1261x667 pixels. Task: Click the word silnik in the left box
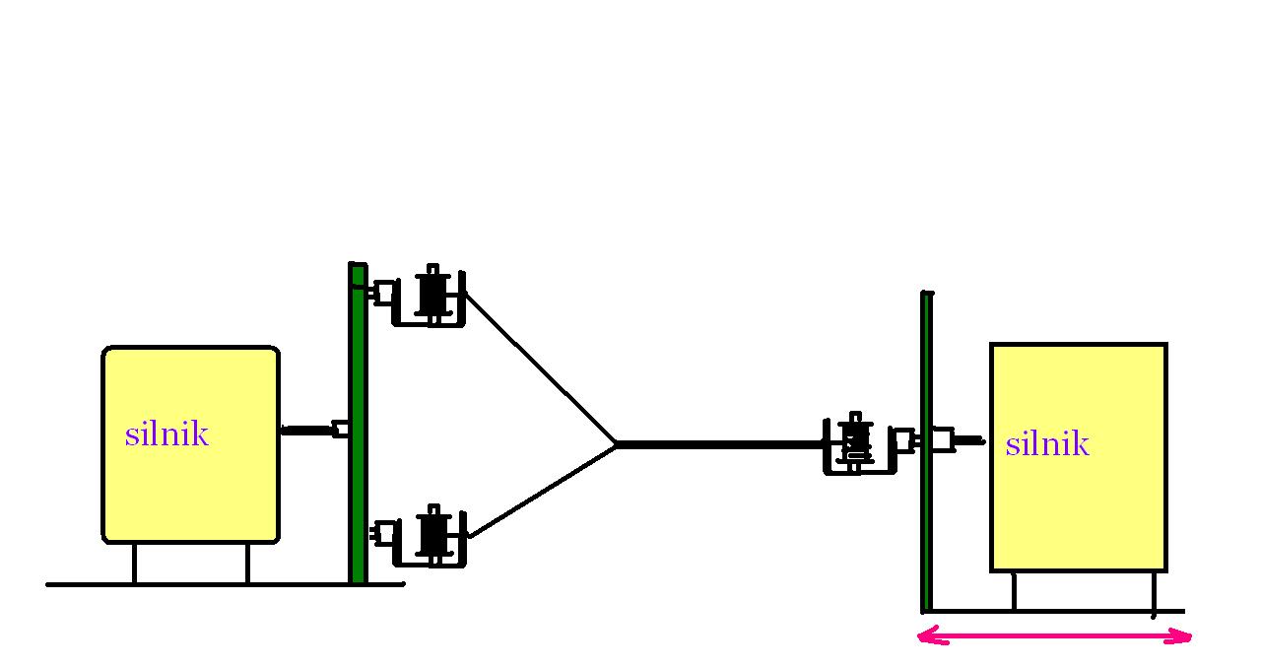pyautogui.click(x=166, y=434)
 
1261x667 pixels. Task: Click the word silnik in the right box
pyautogui.click(x=1046, y=444)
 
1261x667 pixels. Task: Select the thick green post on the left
pyautogui.click(x=358, y=424)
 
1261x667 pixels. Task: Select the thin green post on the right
pyautogui.click(x=926, y=453)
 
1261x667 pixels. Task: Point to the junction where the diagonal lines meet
pyautogui.click(x=617, y=444)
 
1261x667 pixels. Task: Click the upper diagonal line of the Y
pyautogui.click(x=540, y=367)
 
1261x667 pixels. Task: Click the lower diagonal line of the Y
pyautogui.click(x=542, y=492)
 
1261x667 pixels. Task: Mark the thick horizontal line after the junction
pyautogui.click(x=719, y=444)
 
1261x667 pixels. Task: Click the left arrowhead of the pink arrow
pyautogui.click(x=926, y=637)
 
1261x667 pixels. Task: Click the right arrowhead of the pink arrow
pyautogui.click(x=1184, y=637)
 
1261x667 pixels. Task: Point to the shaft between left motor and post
pyautogui.click(x=307, y=430)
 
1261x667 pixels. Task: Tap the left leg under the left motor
pyautogui.click(x=135, y=563)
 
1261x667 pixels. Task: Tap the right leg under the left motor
pyautogui.click(x=246, y=563)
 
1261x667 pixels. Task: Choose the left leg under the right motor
pyautogui.click(x=1014, y=591)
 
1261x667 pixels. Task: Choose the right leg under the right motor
pyautogui.click(x=1153, y=591)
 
